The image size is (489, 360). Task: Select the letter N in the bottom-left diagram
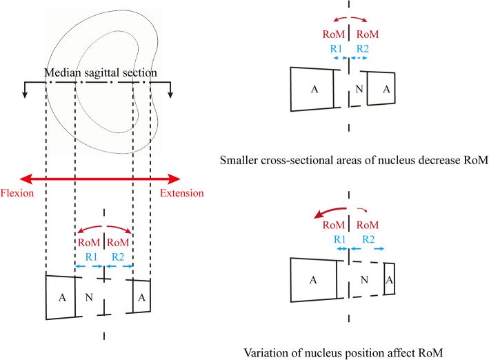[x=89, y=298]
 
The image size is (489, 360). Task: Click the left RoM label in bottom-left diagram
[x=90, y=241]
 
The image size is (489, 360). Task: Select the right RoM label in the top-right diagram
[x=363, y=34]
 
